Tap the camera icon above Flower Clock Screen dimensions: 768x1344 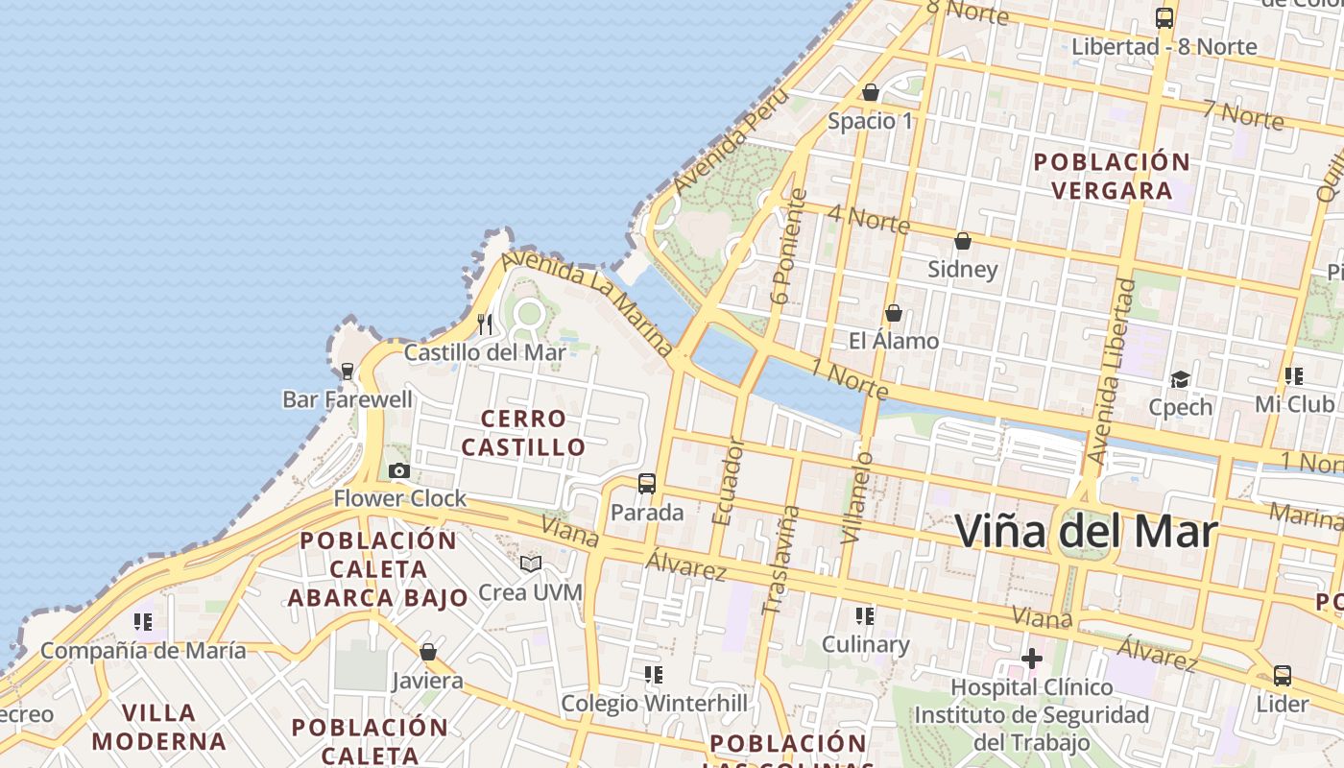(399, 470)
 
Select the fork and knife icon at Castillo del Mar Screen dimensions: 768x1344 (485, 324)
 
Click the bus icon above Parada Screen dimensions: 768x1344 (647, 483)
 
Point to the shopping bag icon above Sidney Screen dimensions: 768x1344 (962, 241)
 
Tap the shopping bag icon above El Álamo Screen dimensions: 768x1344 (893, 313)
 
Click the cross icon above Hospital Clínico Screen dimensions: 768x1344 (1032, 659)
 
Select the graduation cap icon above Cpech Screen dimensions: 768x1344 (1180, 379)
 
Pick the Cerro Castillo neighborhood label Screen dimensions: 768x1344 (523, 433)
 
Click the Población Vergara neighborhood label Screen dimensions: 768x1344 (1112, 176)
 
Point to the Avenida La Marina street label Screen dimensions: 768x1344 (587, 301)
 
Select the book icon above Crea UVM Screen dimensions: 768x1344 (531, 564)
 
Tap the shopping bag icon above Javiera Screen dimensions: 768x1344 (428, 652)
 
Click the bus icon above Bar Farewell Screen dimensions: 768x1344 (348, 371)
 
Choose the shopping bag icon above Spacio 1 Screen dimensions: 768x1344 (871, 92)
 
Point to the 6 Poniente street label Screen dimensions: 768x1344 (789, 248)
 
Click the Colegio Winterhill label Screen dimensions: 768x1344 (654, 704)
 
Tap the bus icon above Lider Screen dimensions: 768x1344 (1283, 675)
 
